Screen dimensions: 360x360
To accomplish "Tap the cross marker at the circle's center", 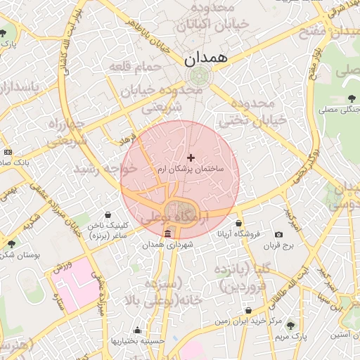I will click(191, 157).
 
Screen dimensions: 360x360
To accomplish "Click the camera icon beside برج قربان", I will click(279, 234).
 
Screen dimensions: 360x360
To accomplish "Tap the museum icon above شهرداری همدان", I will click(167, 234).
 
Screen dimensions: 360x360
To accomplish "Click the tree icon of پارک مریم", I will click(291, 326).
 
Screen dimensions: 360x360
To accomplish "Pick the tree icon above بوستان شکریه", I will click(11, 243).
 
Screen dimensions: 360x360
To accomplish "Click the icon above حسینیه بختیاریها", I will click(136, 330).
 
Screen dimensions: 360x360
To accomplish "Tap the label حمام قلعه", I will click(135, 66).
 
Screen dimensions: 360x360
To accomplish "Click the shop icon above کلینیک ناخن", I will click(107, 214).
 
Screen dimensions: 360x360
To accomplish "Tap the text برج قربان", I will click(281, 246).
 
